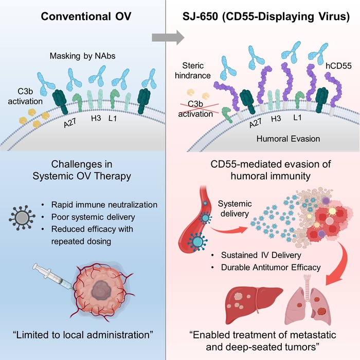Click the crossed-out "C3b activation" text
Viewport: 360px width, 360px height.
[x=197, y=110]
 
